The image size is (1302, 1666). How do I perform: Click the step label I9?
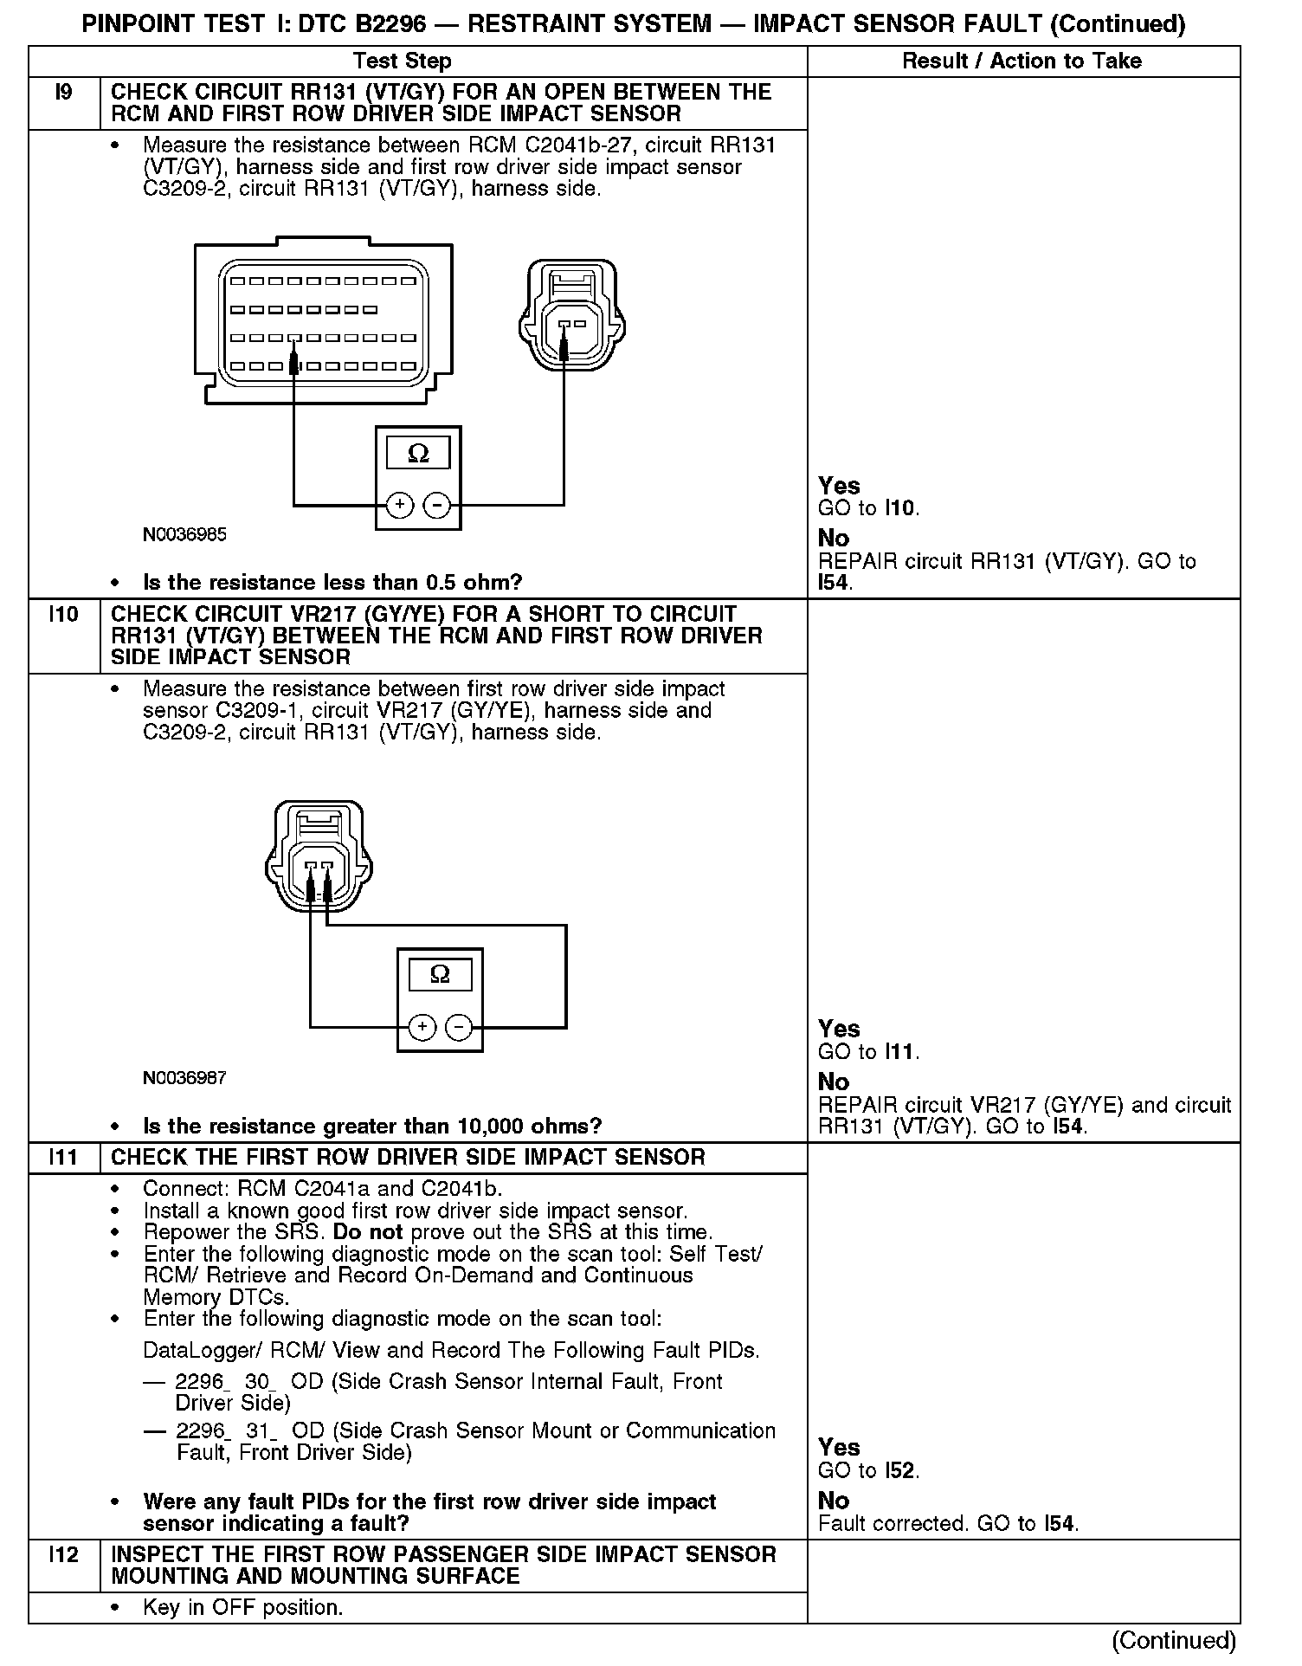click(x=63, y=93)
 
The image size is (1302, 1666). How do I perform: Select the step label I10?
click(x=63, y=615)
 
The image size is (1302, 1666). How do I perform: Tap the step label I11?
click(x=63, y=1158)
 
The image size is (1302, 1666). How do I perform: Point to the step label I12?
click(x=63, y=1555)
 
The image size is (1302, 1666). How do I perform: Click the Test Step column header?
click(x=402, y=61)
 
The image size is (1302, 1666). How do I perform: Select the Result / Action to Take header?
click(x=1022, y=61)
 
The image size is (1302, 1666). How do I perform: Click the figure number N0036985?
click(x=184, y=535)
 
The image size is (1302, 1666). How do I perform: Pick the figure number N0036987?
click(x=184, y=1078)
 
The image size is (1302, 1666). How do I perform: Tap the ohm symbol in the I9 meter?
click(x=418, y=454)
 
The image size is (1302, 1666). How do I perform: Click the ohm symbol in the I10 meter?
click(x=440, y=975)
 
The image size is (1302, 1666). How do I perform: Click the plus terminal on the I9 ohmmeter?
click(x=399, y=505)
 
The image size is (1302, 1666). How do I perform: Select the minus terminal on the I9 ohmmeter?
click(x=438, y=505)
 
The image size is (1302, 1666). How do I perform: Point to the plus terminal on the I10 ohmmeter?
click(x=422, y=1027)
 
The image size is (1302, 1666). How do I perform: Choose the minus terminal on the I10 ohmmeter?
click(x=459, y=1027)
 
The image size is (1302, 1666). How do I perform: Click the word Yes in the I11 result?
click(x=839, y=1448)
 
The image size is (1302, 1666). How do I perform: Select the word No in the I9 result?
click(x=834, y=539)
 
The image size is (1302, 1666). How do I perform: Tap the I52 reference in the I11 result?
click(x=901, y=1471)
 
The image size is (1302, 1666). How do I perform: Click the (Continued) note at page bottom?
click(x=1174, y=1641)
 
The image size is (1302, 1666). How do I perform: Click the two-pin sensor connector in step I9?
click(x=571, y=316)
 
